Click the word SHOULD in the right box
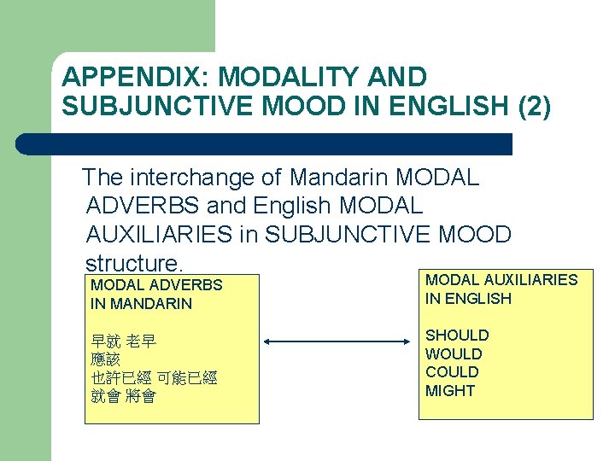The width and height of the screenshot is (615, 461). (457, 336)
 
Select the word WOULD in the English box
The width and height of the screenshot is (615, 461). (454, 353)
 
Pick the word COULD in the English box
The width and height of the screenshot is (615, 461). (452, 372)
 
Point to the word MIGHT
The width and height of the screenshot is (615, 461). (450, 391)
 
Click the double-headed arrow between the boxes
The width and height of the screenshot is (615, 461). (337, 342)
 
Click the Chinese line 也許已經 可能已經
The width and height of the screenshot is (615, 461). (154, 378)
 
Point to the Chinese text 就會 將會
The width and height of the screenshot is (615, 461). (123, 396)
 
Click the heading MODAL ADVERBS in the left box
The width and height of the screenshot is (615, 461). (156, 285)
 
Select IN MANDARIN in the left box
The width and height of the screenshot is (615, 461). (141, 303)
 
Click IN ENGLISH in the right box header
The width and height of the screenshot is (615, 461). (468, 298)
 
